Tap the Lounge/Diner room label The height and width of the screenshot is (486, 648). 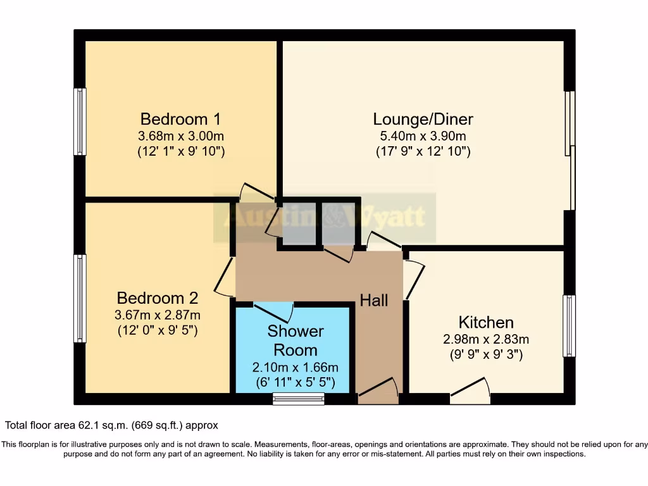[x=423, y=119]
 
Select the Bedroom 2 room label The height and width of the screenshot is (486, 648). [x=158, y=298]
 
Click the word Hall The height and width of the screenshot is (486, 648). [x=374, y=301]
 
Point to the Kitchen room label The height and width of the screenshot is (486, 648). [x=486, y=322]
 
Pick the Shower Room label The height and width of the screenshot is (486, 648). [x=296, y=340]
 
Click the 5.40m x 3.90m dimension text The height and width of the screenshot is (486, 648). [x=423, y=136]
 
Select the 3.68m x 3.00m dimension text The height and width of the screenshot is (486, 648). [x=181, y=136]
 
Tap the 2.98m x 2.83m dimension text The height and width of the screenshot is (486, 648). [x=486, y=339]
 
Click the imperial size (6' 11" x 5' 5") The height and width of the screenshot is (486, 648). [x=296, y=383]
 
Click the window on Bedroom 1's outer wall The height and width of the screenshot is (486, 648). [x=80, y=121]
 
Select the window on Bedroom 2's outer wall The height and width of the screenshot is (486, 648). [x=80, y=298]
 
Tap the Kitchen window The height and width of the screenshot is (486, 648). [x=569, y=325]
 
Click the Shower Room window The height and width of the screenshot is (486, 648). [x=298, y=399]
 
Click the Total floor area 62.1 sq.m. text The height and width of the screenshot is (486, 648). [x=111, y=426]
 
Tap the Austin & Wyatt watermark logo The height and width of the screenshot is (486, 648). [x=325, y=218]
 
